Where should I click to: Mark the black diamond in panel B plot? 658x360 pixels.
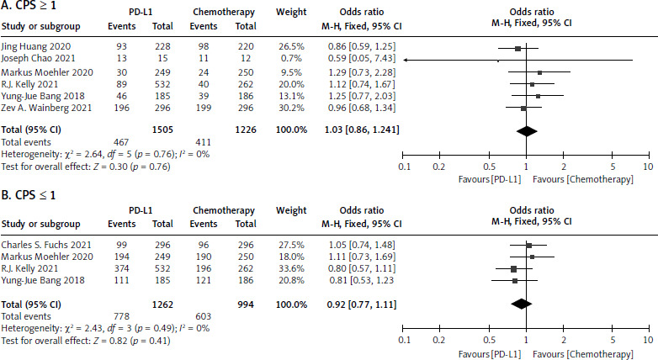pos(522,304)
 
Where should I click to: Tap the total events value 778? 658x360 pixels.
pos(115,313)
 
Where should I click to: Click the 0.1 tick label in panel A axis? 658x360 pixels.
pos(404,167)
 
